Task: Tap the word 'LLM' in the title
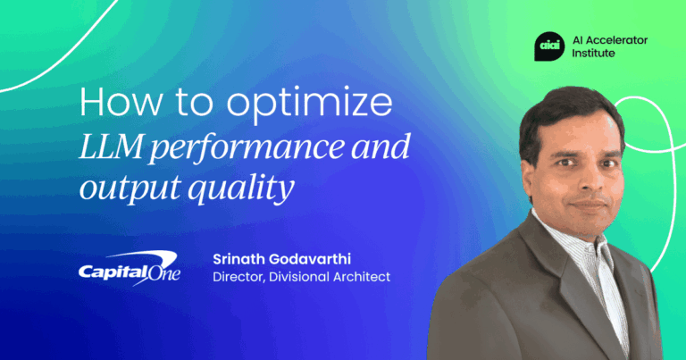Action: coord(114,147)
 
